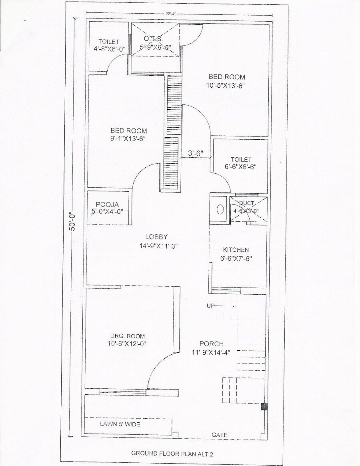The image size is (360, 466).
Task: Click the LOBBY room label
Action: tap(156, 237)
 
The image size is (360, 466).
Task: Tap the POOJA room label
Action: tap(107, 204)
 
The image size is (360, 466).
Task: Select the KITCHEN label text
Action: tap(236, 250)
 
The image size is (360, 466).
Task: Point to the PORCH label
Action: tap(212, 344)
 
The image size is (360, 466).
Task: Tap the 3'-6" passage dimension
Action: tap(196, 153)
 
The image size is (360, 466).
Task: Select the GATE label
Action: tap(220, 435)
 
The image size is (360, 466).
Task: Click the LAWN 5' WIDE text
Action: tap(120, 424)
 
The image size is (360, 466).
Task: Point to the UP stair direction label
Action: tap(211, 306)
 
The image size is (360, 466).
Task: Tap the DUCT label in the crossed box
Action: tap(247, 203)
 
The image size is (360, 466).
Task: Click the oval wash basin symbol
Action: tap(220, 209)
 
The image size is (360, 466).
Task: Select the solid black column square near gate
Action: tap(264, 407)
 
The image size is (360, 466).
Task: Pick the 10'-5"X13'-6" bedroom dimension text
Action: tap(225, 85)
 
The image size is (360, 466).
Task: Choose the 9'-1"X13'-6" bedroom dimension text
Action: tap(128, 139)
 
